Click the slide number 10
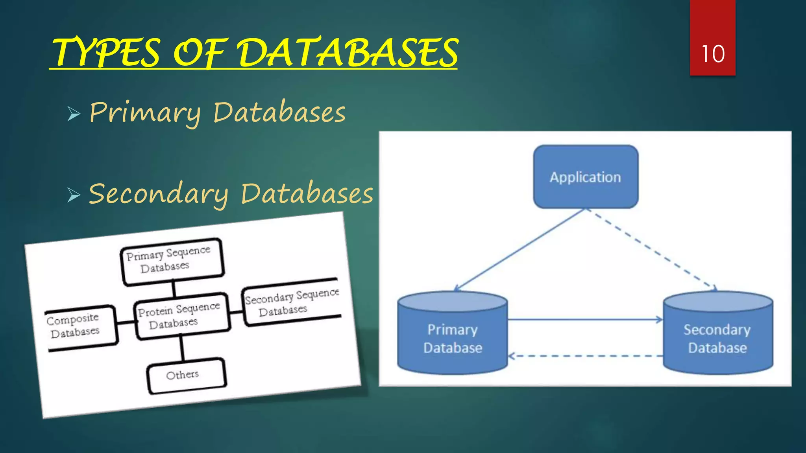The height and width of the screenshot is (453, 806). [x=713, y=54]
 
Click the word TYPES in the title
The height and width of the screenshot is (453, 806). [x=106, y=53]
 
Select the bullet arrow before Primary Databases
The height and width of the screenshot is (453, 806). [x=74, y=114]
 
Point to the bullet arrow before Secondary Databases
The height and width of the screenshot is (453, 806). [x=74, y=195]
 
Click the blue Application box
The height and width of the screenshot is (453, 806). [x=586, y=177]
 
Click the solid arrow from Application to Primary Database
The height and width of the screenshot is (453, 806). [x=519, y=250]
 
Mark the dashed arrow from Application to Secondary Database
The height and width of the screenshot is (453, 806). [x=652, y=250]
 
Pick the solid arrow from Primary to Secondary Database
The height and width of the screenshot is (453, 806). [x=585, y=320]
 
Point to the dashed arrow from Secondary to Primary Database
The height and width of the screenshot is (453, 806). [x=585, y=356]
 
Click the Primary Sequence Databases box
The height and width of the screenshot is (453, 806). [x=172, y=261]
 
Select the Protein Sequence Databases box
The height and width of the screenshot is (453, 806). [x=181, y=316]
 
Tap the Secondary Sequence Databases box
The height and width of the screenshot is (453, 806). [x=291, y=302]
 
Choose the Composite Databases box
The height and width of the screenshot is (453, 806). [x=79, y=327]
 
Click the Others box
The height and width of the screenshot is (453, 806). [x=185, y=375]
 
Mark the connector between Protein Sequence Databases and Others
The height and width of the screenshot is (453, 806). [x=182, y=348]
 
